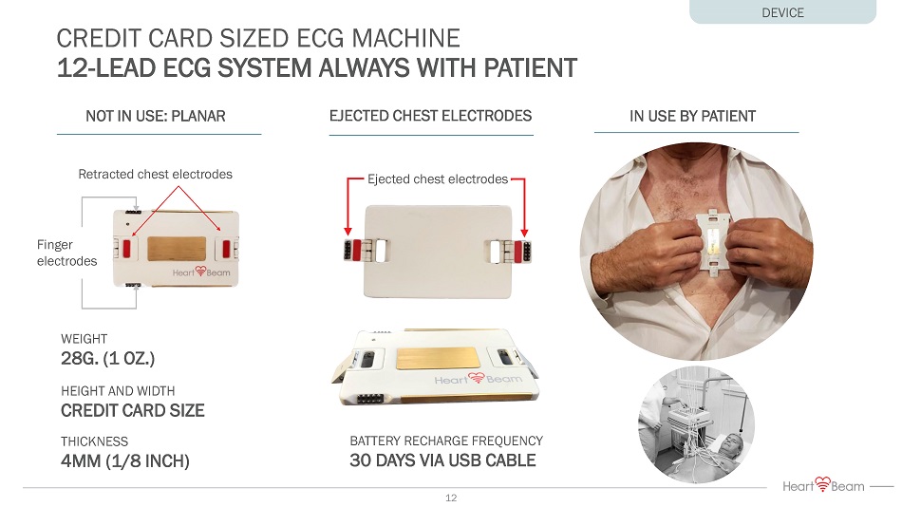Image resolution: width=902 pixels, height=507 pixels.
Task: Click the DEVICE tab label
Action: (782, 12)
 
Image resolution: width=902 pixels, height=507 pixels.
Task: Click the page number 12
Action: (451, 498)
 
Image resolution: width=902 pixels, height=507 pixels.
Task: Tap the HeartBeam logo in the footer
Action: (823, 485)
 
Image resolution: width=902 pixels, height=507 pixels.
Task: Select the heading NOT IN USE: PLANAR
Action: (156, 116)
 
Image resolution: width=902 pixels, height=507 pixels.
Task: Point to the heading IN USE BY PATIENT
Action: (692, 116)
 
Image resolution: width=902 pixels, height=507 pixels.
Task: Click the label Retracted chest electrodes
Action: (156, 175)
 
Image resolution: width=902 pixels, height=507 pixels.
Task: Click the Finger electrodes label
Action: (66, 253)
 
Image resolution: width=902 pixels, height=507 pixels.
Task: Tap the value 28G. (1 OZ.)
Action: (107, 359)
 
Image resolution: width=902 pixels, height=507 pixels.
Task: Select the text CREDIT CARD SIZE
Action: (133, 410)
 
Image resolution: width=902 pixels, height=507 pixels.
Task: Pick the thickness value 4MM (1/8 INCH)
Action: (124, 461)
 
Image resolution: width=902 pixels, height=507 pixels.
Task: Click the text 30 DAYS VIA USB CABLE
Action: (443, 460)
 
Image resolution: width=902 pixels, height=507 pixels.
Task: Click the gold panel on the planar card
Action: (177, 249)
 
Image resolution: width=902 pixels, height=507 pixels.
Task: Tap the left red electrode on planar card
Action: (127, 249)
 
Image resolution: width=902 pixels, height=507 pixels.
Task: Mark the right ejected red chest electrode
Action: (518, 250)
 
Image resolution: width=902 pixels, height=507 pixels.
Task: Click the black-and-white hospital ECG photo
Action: (696, 424)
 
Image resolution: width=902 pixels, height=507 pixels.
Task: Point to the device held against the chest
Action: (713, 239)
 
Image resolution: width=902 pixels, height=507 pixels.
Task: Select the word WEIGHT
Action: (84, 339)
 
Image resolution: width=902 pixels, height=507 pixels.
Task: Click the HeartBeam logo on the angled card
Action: (478, 379)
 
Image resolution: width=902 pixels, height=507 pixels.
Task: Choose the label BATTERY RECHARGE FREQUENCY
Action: (446, 441)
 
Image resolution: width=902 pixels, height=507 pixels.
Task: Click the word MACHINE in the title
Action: (406, 39)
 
